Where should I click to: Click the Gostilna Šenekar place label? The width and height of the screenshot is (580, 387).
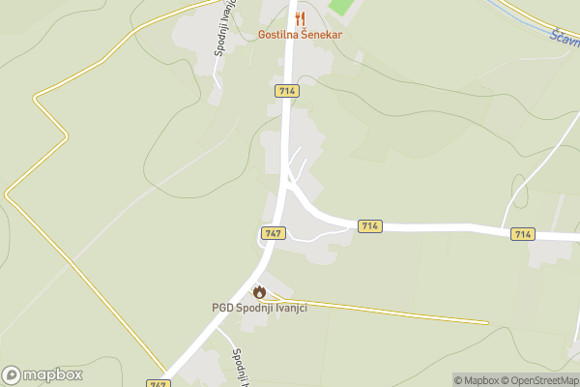300,35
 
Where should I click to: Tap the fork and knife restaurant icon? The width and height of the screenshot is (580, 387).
300,18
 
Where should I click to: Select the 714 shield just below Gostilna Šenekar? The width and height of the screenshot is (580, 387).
286,90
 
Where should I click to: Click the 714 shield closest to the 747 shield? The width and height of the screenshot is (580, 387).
369,225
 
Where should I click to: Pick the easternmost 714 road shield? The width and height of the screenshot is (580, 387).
523,234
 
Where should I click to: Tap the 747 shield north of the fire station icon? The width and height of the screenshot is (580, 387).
273,233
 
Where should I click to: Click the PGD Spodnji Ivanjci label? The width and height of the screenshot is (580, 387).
259,308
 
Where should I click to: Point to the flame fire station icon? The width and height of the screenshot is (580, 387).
259,292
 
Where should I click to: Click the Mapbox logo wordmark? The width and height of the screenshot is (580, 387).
43,374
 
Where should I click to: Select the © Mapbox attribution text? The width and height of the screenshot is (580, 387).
476,380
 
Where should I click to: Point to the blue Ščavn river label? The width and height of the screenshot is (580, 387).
564,40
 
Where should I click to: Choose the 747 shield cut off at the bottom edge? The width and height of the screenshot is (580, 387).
158,383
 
